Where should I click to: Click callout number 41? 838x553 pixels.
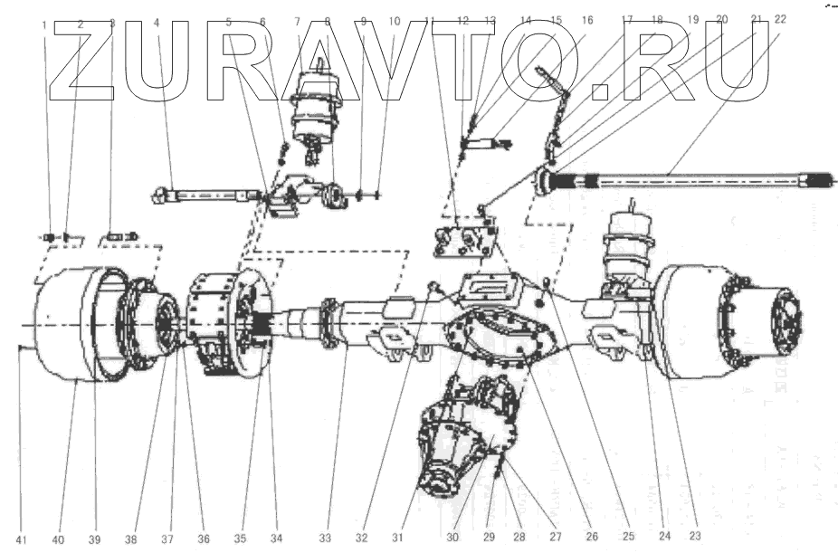22,540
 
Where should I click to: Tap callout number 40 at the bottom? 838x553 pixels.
58,540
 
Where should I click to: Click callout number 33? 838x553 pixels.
325,540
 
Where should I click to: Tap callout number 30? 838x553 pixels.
452,540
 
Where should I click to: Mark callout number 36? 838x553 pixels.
204,540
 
